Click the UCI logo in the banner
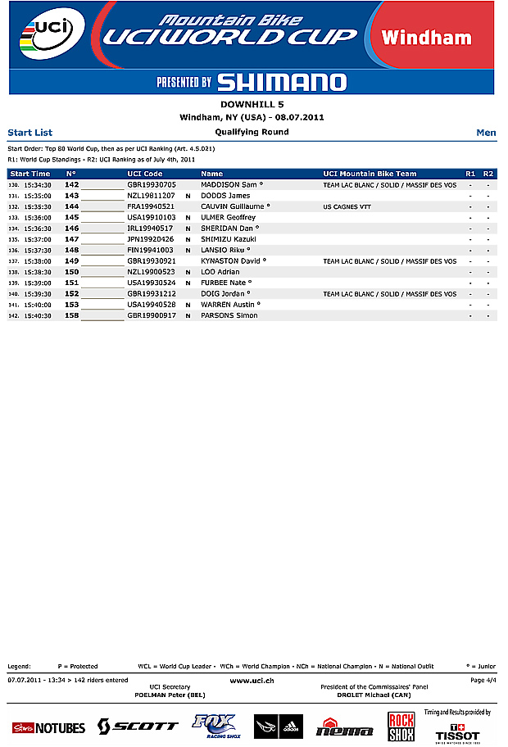pyautogui.click(x=48, y=34)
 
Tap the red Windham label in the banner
pyautogui.click(x=426, y=38)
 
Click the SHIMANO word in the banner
pyautogui.click(x=281, y=82)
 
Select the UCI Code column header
pyautogui.click(x=145, y=174)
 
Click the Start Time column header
pyautogui.click(x=29, y=174)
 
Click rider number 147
pyautogui.click(x=72, y=239)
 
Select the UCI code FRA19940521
pyautogui.click(x=151, y=207)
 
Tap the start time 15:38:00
pyautogui.click(x=38, y=261)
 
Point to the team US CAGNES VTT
pyautogui.click(x=347, y=207)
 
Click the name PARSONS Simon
pyautogui.click(x=229, y=315)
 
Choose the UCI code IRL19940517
pyautogui.click(x=150, y=229)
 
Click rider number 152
pyautogui.click(x=72, y=293)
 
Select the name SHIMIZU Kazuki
pyautogui.click(x=229, y=239)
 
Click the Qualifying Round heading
pyautogui.click(x=252, y=132)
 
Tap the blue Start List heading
pyautogui.click(x=29, y=132)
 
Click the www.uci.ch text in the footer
pyautogui.click(x=252, y=680)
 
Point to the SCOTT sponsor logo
pyautogui.click(x=138, y=726)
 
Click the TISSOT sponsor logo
pyautogui.click(x=457, y=731)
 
